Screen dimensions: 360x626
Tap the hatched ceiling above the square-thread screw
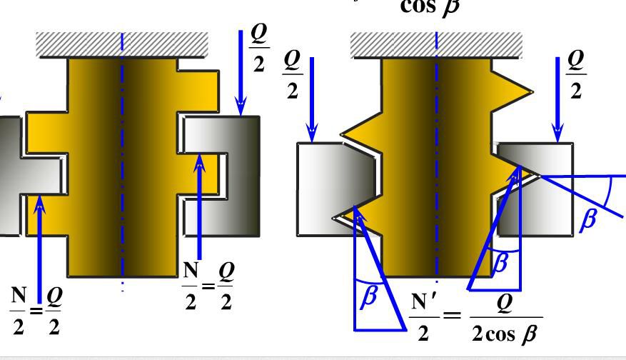pyautogui.click(x=122, y=44)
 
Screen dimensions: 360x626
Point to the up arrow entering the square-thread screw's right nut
pyautogui.click(x=200, y=207)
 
